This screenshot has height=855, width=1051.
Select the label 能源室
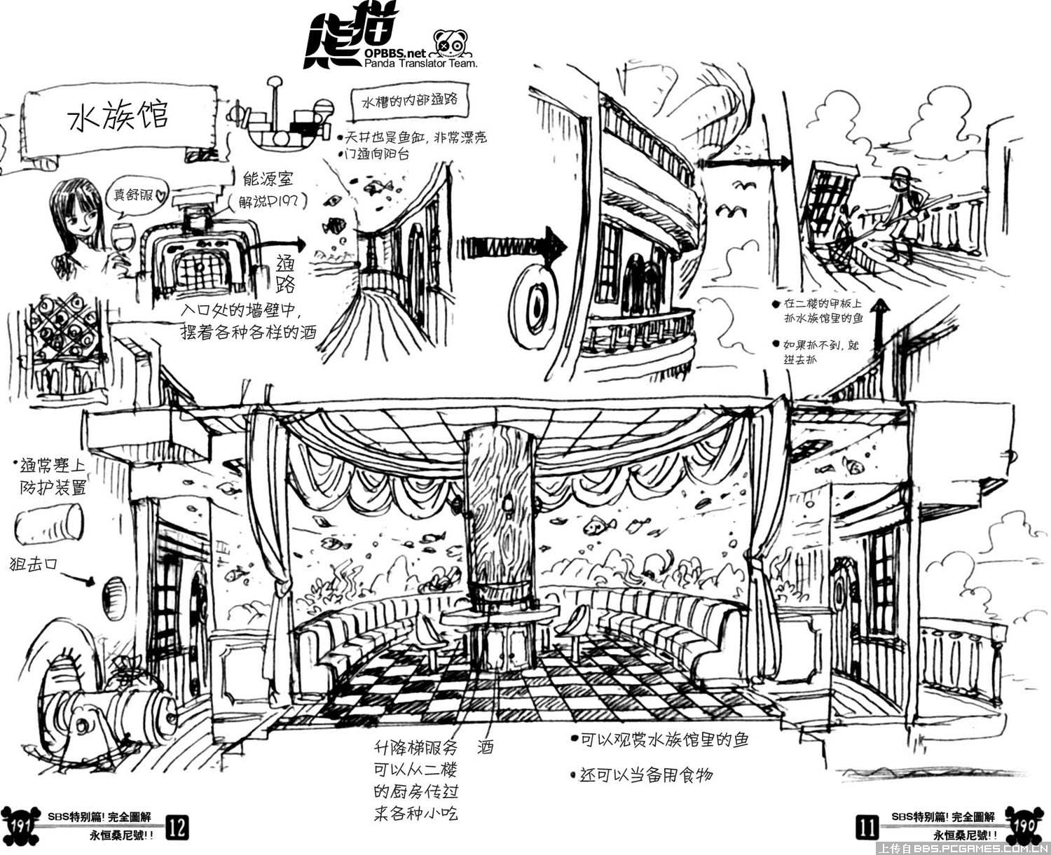(x=267, y=180)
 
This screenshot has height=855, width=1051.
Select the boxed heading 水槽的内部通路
(x=409, y=101)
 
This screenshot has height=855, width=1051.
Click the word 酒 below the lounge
(x=485, y=746)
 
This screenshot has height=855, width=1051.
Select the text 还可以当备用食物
(x=645, y=774)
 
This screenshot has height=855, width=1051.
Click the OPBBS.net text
(x=394, y=53)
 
